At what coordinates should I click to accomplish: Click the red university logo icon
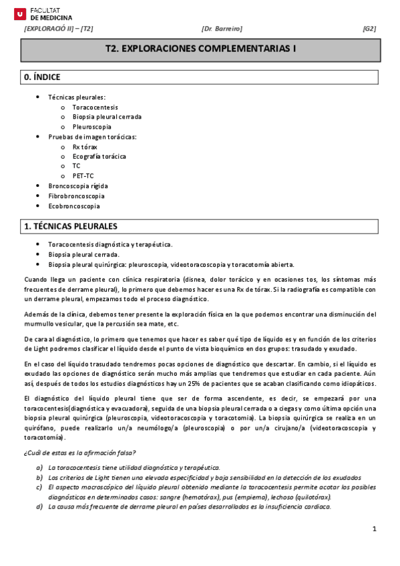19,13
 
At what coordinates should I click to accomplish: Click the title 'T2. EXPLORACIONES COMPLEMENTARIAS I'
201,49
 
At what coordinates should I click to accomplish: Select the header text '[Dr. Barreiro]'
221,29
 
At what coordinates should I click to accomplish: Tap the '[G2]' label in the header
369,29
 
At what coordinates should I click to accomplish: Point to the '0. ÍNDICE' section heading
42,77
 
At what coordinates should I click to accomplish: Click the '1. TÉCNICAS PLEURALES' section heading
70,226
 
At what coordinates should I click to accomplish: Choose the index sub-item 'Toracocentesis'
95,107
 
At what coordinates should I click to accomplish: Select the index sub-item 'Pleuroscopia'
91,126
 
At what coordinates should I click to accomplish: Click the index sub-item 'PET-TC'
83,176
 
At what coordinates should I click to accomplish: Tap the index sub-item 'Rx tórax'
85,146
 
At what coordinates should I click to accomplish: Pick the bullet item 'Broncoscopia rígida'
78,186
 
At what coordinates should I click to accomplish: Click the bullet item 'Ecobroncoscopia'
73,206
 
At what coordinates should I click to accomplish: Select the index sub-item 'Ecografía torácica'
99,156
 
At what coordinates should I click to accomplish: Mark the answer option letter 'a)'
40,467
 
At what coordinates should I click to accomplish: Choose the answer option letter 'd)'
40,507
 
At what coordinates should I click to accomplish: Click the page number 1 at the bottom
375,529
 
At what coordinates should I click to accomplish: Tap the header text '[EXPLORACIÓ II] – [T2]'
59,29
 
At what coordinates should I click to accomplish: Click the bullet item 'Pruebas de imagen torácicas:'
92,136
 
